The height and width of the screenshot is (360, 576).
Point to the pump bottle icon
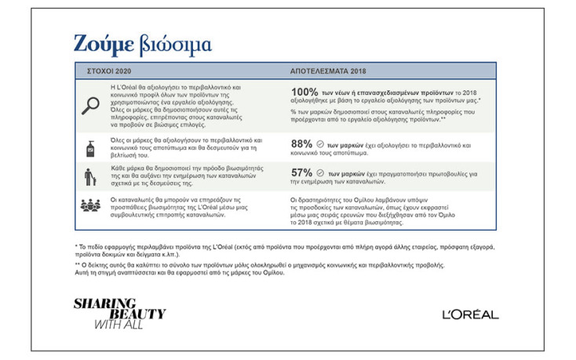(x=91, y=146)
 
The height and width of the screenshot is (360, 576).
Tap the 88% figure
(x=301, y=144)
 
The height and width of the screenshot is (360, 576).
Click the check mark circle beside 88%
(x=320, y=144)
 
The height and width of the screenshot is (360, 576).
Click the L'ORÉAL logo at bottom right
(x=469, y=315)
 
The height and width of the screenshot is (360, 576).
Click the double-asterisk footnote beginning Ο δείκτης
(x=275, y=269)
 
